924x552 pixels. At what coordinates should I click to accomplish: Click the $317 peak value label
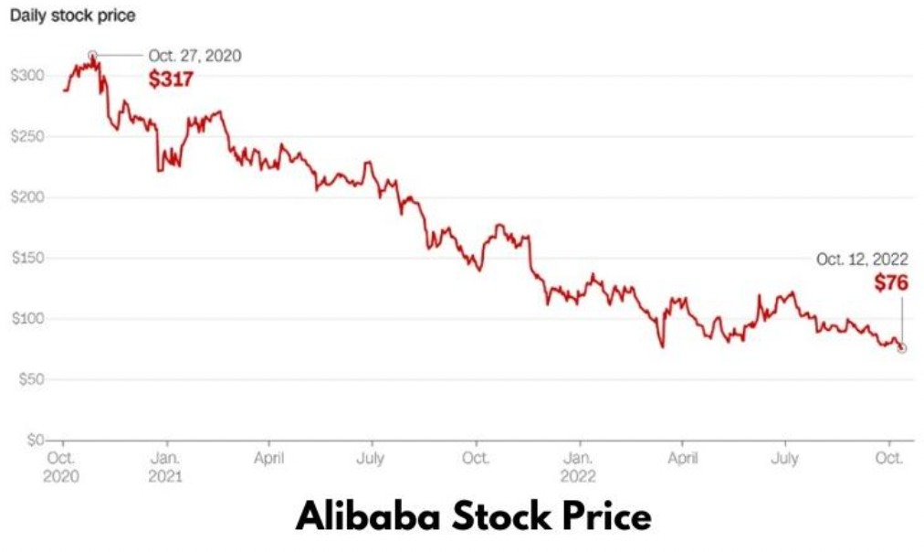click(x=171, y=79)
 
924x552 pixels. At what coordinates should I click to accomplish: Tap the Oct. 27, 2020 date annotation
click(x=195, y=56)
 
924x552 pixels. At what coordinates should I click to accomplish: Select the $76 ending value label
click(x=891, y=283)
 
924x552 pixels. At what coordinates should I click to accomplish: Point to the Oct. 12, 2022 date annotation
click(x=862, y=260)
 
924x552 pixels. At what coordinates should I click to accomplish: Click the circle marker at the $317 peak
click(x=92, y=56)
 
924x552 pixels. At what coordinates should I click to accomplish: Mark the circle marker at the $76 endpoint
click(x=901, y=348)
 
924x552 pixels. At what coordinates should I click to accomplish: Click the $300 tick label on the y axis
click(x=27, y=76)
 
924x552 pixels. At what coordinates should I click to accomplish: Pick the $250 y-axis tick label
click(x=27, y=136)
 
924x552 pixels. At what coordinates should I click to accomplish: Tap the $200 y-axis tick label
click(x=27, y=197)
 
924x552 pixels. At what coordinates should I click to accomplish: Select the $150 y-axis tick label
click(x=27, y=258)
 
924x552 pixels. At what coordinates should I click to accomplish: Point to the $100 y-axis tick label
click(x=27, y=318)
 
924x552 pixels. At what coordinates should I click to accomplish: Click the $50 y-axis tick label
click(x=31, y=379)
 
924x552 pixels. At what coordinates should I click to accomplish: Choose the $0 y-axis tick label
click(x=36, y=440)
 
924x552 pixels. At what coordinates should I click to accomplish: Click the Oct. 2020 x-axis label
click(x=61, y=467)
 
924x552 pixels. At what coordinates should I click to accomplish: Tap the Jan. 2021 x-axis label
click(x=165, y=467)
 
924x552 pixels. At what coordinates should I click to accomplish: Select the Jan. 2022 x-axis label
click(x=578, y=467)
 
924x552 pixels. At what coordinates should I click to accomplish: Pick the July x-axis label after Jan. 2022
click(x=785, y=458)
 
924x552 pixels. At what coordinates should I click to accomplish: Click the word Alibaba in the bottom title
click(x=368, y=516)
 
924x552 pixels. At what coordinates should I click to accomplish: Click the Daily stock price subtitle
click(x=72, y=16)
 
